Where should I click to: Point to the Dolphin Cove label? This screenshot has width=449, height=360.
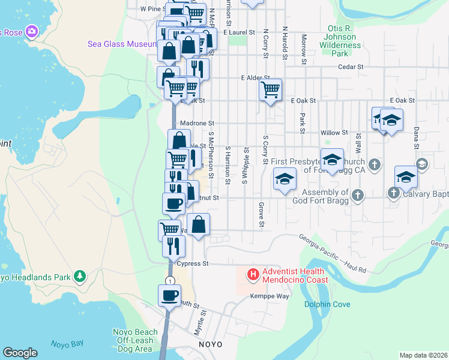tap(327, 304)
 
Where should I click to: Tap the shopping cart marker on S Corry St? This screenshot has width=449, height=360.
tap(271, 90)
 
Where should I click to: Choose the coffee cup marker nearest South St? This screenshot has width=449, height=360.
tap(169, 295)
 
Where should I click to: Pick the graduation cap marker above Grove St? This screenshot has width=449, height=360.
tap(285, 179)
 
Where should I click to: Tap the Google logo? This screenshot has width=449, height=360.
tap(20, 353)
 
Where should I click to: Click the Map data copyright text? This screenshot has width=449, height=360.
tap(423, 355)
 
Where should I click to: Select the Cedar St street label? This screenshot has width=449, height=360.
tap(351, 67)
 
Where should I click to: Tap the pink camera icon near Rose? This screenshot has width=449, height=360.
tap(32, 31)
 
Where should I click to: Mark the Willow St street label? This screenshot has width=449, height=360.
tap(334, 132)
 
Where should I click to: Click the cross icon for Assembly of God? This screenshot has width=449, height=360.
tap(358, 194)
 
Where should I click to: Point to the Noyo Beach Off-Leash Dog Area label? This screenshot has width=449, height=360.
tap(133, 340)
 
